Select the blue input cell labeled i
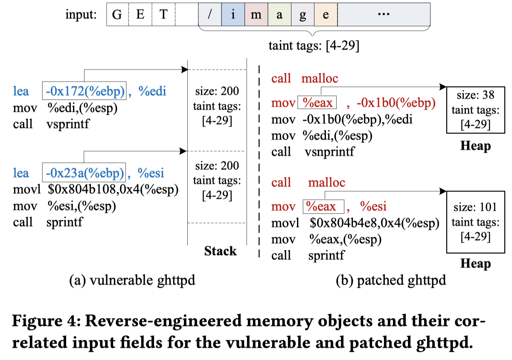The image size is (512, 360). (x=233, y=15)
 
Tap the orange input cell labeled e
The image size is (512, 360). (x=326, y=15)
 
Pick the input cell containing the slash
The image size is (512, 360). (x=210, y=15)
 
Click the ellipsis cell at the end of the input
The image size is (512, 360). (x=384, y=15)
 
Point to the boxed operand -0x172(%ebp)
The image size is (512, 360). (x=84, y=91)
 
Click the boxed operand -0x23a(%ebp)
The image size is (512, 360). (x=84, y=173)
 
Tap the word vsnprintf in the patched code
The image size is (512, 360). (x=329, y=151)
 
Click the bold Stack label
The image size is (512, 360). (x=220, y=251)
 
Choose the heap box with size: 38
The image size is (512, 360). (x=475, y=110)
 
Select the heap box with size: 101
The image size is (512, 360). (x=475, y=222)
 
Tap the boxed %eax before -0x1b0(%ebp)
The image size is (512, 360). (x=317, y=103)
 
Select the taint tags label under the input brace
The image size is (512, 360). (x=314, y=46)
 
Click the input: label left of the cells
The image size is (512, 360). (x=81, y=15)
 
